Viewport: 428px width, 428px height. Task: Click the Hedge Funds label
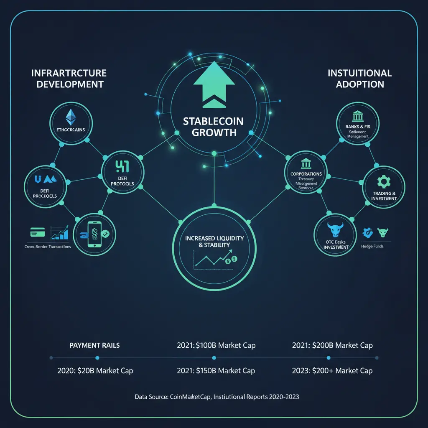point(372,247)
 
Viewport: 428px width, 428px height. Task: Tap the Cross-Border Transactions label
point(45,247)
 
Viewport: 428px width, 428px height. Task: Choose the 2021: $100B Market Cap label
point(216,346)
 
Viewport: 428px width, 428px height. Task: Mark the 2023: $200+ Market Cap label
point(333,371)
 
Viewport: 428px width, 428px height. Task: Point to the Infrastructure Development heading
point(69,79)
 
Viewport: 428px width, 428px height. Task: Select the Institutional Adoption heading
point(359,79)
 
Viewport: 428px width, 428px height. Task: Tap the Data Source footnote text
point(217,397)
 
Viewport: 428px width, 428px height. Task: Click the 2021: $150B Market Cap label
point(216,371)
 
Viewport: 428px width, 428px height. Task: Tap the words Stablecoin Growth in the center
point(213,127)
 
